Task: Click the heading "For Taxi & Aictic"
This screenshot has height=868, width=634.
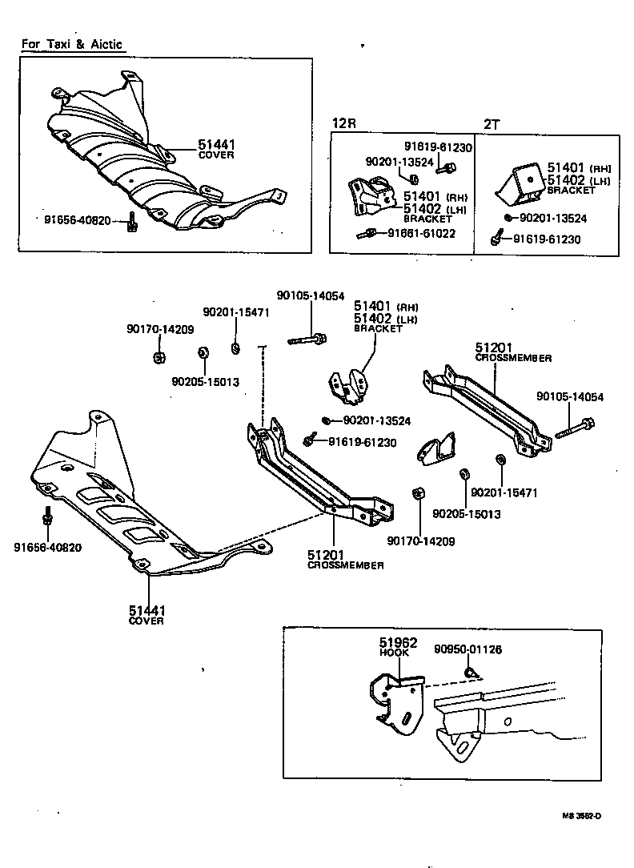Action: click(x=72, y=45)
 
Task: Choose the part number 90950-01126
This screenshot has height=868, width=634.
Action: click(x=468, y=649)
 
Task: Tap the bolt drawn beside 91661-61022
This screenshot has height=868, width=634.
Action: click(x=367, y=234)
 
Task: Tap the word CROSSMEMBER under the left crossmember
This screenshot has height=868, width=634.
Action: click(x=345, y=565)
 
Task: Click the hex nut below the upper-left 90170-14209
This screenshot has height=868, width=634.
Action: click(x=158, y=356)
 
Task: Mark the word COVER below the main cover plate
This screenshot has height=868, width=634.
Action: click(x=146, y=621)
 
